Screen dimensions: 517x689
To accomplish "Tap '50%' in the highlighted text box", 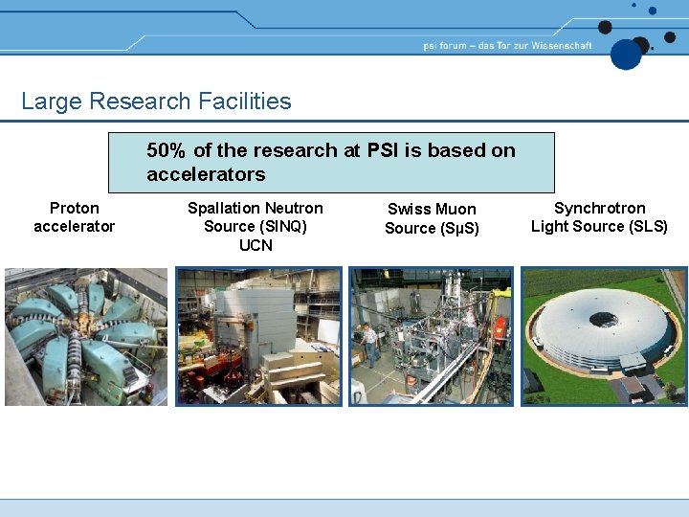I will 167,150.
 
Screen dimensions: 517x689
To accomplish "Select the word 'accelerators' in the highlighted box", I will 206,174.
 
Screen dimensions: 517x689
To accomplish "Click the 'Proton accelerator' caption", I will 74,217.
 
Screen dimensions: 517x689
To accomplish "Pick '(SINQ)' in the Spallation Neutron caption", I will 256,227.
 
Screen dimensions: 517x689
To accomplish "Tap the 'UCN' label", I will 256,245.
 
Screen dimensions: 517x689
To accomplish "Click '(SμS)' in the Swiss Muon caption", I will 458,228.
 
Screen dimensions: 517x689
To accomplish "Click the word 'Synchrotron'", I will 600,208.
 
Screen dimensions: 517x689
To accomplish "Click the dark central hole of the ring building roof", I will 603,320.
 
